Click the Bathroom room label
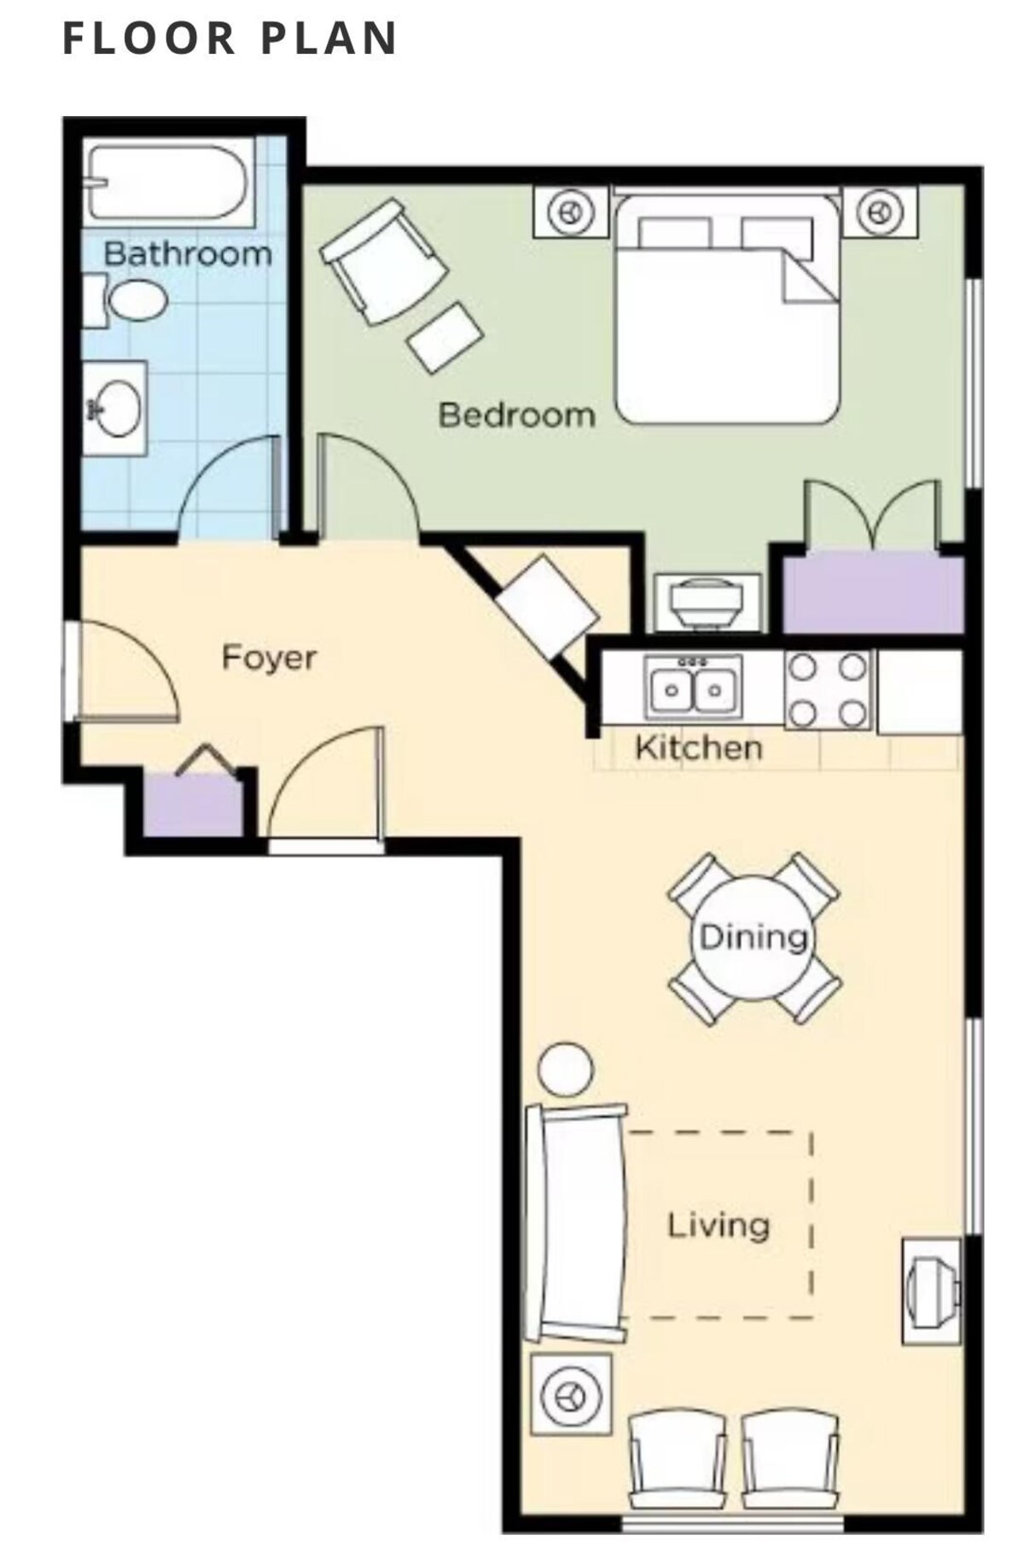click(x=188, y=253)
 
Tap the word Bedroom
click(x=516, y=416)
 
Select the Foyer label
click(x=269, y=658)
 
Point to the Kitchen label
click(x=699, y=748)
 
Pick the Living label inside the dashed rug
click(x=718, y=1225)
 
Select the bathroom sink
click(x=115, y=409)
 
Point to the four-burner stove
click(x=827, y=690)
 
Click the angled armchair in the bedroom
click(x=383, y=261)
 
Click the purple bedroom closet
click(x=873, y=593)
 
